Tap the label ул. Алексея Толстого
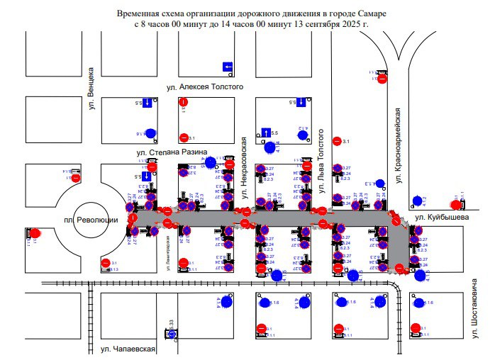[204, 86]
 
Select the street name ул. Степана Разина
[172, 152]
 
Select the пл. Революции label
[96, 220]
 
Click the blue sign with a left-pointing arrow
[228, 67]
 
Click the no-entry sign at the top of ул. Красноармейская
[382, 79]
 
